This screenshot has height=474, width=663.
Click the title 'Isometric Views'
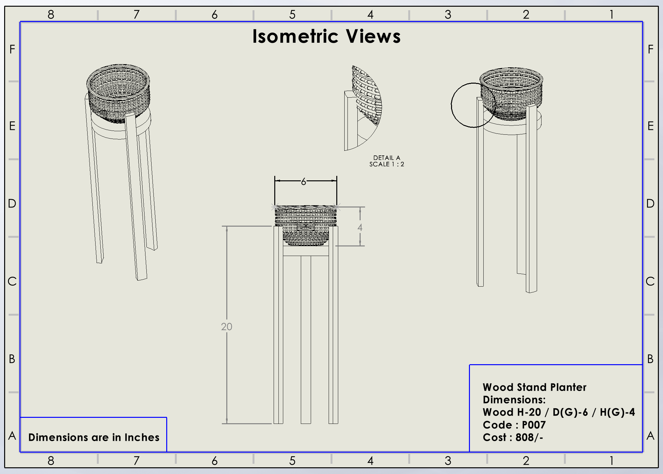326,36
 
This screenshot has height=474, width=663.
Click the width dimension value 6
303,182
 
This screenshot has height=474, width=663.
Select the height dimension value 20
226,327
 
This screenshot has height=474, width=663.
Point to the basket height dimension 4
360,227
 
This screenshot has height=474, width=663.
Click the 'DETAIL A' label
386,158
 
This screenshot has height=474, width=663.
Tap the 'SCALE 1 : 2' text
386,164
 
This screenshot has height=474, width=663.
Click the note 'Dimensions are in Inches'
94,437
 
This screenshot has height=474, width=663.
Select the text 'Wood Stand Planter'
534,387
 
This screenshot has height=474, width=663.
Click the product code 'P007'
534,425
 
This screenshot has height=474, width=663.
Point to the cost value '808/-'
529,437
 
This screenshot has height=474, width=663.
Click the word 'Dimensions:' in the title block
514,400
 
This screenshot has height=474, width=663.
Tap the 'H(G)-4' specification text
617,412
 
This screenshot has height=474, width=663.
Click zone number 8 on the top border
51,14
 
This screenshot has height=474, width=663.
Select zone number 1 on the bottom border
611,461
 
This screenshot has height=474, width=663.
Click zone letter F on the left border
12,49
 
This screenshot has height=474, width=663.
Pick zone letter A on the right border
650,436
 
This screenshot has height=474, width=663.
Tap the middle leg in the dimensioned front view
306,338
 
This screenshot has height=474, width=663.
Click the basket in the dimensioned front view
306,225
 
